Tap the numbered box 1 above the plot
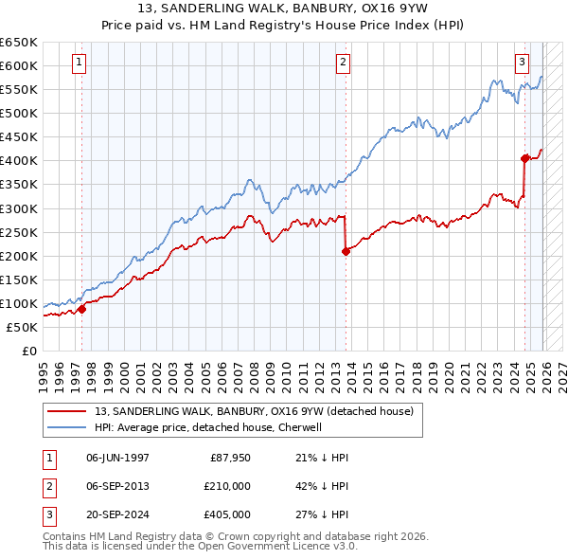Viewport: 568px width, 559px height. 78,63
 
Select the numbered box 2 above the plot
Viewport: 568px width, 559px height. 342,63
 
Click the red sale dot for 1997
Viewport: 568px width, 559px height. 81,308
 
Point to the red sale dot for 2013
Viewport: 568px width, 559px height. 346,251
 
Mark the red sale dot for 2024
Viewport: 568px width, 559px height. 524,158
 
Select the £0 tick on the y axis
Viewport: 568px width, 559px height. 30,351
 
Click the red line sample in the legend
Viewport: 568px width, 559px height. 67,412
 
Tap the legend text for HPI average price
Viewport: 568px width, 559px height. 208,428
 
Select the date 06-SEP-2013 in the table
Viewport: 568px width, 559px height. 117,486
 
